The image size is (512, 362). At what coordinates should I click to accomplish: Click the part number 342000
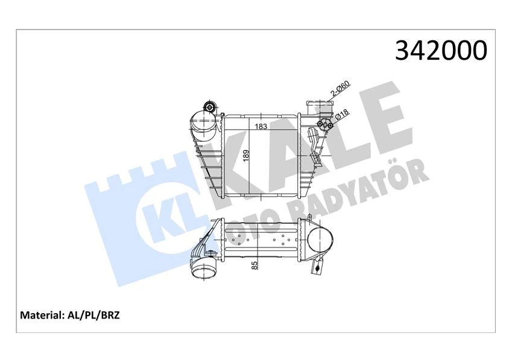441,50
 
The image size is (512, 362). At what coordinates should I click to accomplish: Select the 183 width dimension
261,126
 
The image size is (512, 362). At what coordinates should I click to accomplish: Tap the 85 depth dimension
254,265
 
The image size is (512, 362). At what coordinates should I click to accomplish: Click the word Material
42,316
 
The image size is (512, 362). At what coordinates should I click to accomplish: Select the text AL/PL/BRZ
93,316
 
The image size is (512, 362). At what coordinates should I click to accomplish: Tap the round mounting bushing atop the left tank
209,107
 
